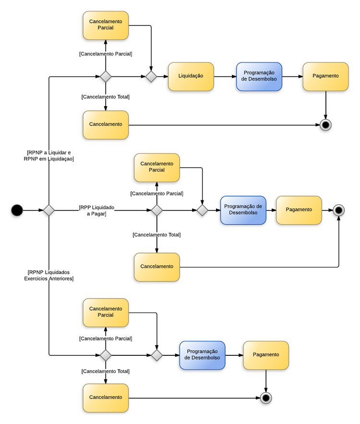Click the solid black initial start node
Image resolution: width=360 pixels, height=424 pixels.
pos(17,210)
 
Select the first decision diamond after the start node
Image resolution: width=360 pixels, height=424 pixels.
pos(49,210)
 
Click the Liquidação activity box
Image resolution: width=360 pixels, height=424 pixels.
pos(191,76)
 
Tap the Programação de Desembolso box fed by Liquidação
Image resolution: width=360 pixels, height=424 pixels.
pos(259,76)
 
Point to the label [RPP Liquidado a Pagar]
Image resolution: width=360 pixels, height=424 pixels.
pos(96,210)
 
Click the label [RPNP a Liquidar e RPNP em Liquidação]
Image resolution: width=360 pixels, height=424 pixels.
pos(48,155)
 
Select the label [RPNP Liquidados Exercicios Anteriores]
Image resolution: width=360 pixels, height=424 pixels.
pos(48,275)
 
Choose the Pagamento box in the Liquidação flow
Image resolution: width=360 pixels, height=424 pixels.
pos(325,76)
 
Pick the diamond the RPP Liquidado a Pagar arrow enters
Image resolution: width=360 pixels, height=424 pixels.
pos(156,210)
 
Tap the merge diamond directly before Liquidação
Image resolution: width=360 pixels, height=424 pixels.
pos(151,76)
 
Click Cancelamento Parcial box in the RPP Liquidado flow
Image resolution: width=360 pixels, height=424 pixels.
pos(156,167)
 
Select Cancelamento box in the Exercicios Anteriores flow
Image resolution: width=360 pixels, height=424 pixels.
pos(106,398)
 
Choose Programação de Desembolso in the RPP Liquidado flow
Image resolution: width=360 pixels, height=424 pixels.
pos(243,210)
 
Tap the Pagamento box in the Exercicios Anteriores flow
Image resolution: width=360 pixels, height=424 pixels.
pos(265,355)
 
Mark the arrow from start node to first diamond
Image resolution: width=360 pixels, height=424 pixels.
pos(33,210)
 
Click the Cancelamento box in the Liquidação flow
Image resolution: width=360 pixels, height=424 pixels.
pos(106,125)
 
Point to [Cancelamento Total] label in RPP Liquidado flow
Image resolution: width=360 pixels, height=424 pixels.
pos(156,235)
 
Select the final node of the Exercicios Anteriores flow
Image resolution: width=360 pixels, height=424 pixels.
pos(265,398)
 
